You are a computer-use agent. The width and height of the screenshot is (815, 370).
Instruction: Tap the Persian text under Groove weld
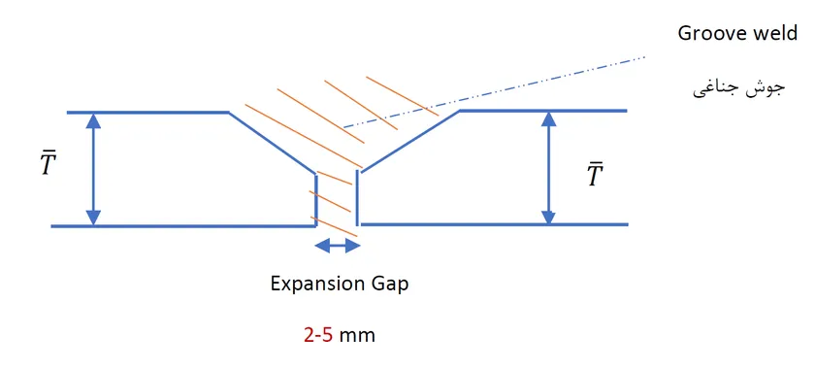[738, 89]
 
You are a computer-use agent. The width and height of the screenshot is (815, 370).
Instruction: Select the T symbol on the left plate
[49, 163]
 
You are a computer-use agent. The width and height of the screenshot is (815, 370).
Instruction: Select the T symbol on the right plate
[595, 175]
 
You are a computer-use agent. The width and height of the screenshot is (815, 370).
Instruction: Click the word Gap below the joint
[389, 285]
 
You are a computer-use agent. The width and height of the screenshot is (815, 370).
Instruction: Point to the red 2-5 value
[318, 335]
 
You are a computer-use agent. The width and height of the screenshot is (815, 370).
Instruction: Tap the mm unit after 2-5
[357, 336]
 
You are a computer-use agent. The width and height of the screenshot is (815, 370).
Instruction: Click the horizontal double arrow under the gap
[338, 245]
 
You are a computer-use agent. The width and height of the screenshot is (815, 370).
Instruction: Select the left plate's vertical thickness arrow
[93, 169]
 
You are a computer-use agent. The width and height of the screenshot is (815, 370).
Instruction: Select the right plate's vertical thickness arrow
[549, 168]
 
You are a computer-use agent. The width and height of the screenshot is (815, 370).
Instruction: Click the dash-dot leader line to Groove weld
[494, 92]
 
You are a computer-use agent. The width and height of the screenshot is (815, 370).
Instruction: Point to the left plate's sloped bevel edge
[272, 143]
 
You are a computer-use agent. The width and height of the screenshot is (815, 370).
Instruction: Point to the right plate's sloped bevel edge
[410, 141]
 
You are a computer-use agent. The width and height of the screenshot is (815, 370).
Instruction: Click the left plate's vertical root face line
[316, 200]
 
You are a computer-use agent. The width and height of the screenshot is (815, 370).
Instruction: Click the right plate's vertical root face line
[357, 198]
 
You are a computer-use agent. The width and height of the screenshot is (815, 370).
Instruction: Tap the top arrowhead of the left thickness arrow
[93, 120]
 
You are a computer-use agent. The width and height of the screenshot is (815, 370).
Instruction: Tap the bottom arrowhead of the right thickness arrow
[549, 217]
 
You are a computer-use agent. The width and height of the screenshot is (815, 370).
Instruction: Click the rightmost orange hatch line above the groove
[403, 96]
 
